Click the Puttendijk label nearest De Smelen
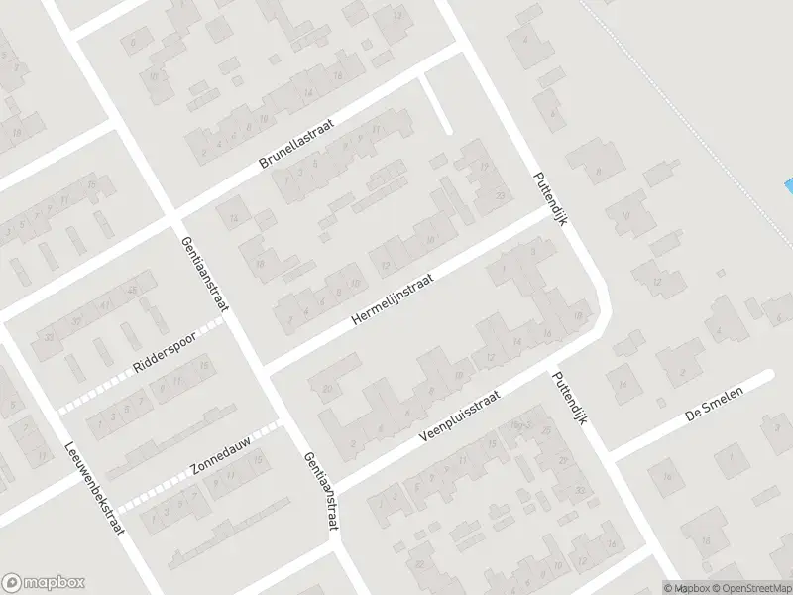click(x=572, y=397)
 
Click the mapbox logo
click(x=43, y=582)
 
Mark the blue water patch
click(x=788, y=185)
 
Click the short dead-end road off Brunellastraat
click(x=435, y=105)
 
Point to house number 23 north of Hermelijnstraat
click(x=500, y=195)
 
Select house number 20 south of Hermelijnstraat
click(x=328, y=388)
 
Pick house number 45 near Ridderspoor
click(x=132, y=290)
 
